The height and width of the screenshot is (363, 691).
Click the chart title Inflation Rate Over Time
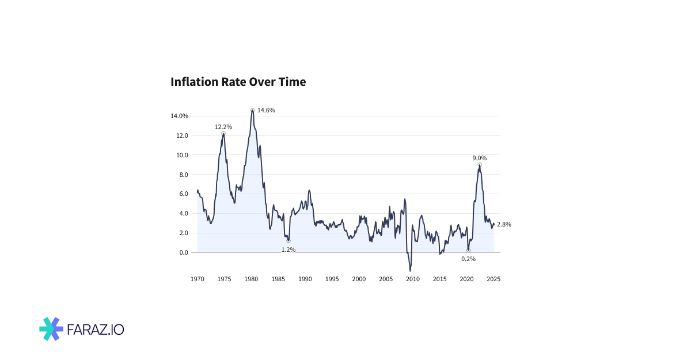238,82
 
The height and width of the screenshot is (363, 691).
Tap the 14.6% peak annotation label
266,110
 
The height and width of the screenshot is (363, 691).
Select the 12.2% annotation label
223,127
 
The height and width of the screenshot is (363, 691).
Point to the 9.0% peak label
480,158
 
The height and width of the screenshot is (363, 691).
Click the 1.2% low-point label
288,249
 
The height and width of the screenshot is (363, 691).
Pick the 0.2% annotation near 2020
468,259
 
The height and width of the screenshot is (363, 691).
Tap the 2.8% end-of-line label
504,224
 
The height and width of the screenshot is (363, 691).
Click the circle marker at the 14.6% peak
252,110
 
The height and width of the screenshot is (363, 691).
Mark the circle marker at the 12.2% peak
223,134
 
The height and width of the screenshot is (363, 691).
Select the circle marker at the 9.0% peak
480,165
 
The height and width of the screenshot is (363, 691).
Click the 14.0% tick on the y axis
179,116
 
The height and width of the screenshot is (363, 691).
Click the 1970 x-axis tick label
198,279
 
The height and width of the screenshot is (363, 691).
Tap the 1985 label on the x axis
278,279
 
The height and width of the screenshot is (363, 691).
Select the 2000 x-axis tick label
359,279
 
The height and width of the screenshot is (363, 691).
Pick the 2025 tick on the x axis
493,279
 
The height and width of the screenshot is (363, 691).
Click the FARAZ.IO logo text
96,330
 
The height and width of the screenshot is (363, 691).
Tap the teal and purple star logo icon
51,329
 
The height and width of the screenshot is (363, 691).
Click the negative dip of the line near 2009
410,270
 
